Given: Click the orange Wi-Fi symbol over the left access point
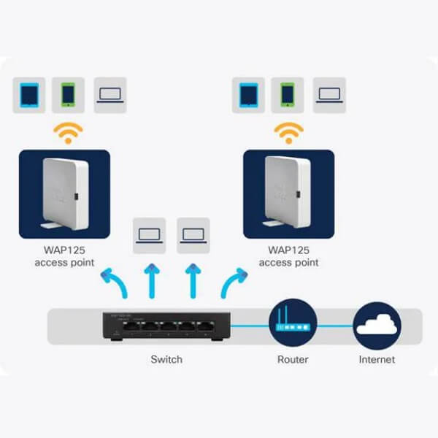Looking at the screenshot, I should (71, 133).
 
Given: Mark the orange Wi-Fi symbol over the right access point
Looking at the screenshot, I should (290, 133).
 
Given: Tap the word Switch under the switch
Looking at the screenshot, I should (166, 359).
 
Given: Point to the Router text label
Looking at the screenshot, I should (293, 359).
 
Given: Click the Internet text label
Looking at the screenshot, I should (377, 359).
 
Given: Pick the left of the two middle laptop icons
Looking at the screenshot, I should (150, 236).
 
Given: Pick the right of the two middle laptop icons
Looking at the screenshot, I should (193, 236).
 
